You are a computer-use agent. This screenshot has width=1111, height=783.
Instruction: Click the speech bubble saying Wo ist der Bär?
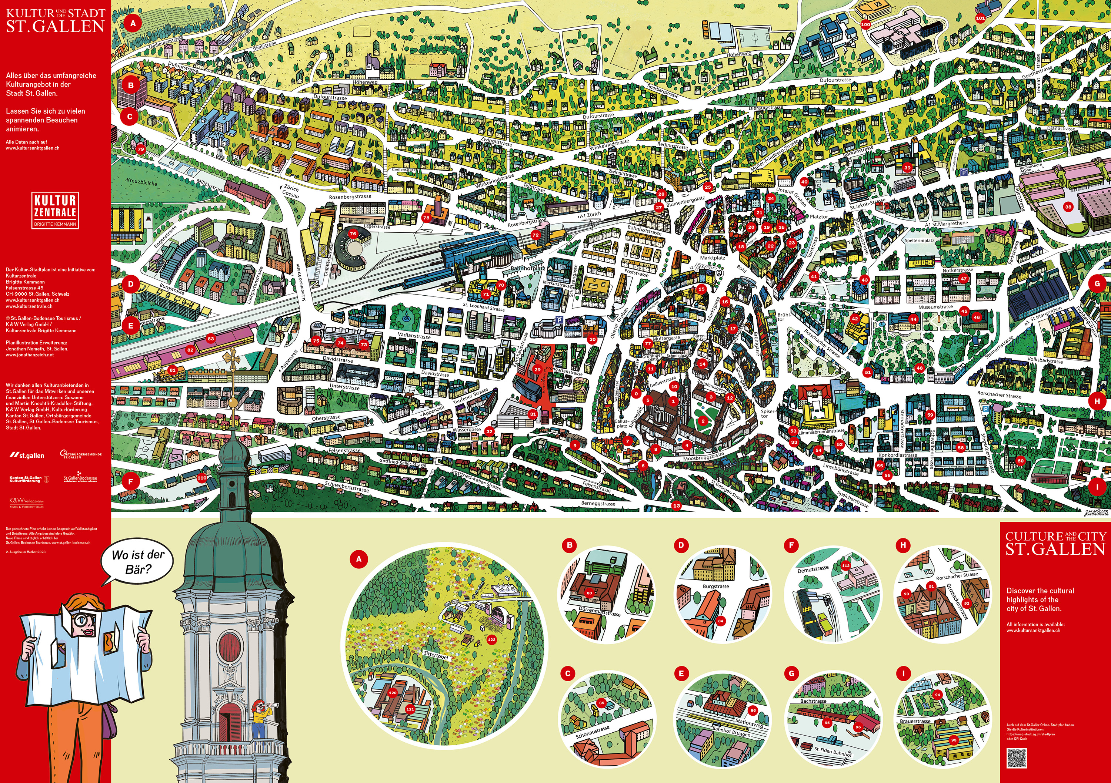(137, 561)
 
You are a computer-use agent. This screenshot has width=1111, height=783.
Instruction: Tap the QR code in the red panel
(1016, 758)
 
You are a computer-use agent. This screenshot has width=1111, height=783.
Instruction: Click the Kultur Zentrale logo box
(55, 210)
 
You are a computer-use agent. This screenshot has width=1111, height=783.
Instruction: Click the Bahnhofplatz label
(528, 268)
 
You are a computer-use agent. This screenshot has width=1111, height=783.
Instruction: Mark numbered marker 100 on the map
(865, 24)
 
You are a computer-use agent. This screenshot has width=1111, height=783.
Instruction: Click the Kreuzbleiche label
(141, 183)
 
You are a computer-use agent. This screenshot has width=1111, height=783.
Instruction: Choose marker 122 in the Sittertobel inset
(492, 639)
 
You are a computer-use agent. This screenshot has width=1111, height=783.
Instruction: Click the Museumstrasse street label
(935, 307)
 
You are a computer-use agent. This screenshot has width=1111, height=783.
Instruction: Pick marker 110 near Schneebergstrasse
(202, 477)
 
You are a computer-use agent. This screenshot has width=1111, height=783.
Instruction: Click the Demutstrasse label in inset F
(813, 569)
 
